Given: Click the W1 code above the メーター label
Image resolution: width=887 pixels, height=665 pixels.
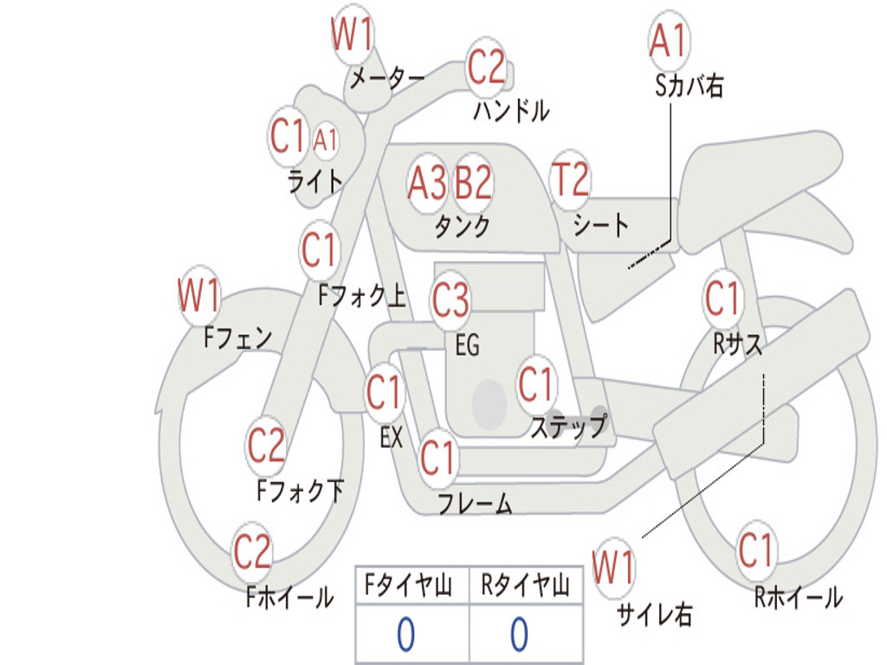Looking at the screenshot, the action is [x=352, y=34].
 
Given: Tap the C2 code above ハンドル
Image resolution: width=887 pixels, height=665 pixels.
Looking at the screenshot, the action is [x=485, y=67].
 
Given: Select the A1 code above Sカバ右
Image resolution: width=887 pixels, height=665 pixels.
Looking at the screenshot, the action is [x=668, y=41].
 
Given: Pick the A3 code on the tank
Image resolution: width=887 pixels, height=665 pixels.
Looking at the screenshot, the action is [x=427, y=184].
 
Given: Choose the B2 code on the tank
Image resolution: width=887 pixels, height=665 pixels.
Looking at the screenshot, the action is [x=474, y=183].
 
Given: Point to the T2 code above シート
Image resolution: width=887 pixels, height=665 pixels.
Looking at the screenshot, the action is [x=570, y=179].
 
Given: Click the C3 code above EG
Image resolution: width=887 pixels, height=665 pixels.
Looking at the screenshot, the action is [x=450, y=299].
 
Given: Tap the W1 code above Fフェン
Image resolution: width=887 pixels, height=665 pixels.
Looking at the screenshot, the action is [x=198, y=294].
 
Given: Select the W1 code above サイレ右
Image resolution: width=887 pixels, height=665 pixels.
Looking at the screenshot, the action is [x=613, y=567].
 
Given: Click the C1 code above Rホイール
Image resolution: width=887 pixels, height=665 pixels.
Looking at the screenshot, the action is [x=754, y=551].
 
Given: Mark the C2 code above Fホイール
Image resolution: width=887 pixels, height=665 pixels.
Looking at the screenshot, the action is [x=252, y=552].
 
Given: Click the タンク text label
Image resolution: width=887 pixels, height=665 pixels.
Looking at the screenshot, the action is [x=462, y=227].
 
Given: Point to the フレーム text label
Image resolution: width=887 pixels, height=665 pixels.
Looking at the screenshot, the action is [x=476, y=503].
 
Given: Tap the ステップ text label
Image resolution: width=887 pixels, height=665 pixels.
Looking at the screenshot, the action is [x=569, y=426].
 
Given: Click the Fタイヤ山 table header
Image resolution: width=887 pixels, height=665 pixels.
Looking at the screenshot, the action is [x=408, y=584].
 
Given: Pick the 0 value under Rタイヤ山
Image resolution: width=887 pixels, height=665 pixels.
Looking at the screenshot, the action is [x=520, y=634].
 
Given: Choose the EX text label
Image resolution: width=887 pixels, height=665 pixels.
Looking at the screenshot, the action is [x=392, y=437].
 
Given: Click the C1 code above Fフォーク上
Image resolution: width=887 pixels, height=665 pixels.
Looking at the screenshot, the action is [x=319, y=250].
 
